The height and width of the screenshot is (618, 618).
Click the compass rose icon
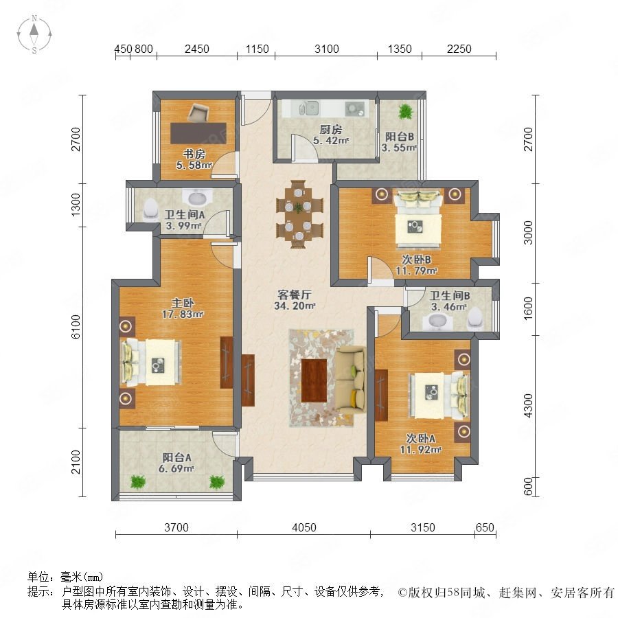tap(34, 34)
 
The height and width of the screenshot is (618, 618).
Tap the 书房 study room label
tap(194, 154)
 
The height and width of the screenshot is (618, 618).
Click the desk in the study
tap(198, 133)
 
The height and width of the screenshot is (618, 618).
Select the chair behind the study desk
tap(198, 113)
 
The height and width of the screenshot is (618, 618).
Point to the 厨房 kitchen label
tap(331, 129)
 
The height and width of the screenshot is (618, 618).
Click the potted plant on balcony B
tap(405, 111)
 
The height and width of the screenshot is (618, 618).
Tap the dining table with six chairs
tap(299, 214)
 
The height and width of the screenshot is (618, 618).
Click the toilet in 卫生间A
tap(150, 209)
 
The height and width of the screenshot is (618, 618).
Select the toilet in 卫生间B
tap(474, 318)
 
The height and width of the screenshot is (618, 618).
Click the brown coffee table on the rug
tap(314, 380)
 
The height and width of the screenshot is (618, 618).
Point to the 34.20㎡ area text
tap(295, 306)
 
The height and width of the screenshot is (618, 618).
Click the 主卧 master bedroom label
tap(183, 303)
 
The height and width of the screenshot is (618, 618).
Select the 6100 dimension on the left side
tap(76, 327)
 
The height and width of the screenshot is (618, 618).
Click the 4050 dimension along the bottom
tap(304, 527)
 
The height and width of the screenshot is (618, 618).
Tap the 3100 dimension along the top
tap(327, 49)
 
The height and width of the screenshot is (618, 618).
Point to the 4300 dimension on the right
tap(528, 406)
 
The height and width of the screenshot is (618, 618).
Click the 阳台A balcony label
tap(177, 457)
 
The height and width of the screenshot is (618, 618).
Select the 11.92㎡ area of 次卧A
tap(420, 449)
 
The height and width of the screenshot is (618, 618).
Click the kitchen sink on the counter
tap(308, 108)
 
